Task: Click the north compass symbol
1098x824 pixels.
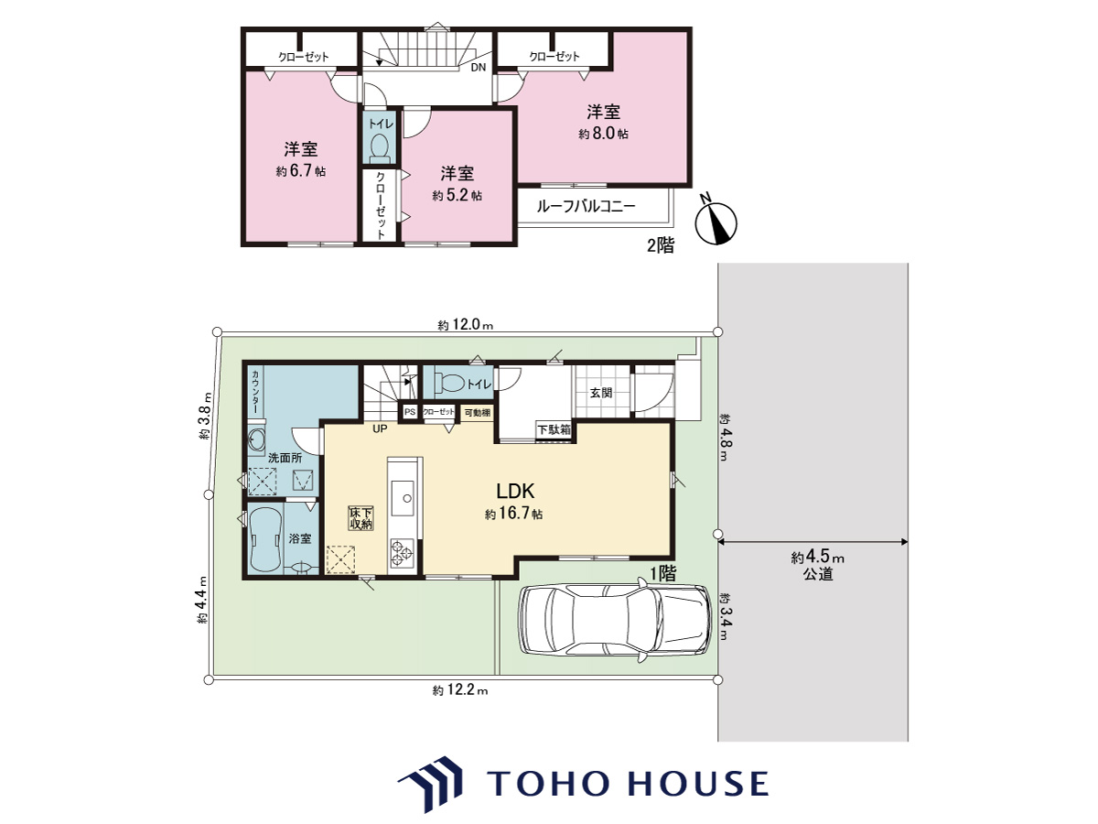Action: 716,223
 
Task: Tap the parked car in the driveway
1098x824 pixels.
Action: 615,620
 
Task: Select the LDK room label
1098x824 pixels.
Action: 515,492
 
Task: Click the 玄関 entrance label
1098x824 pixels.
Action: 601,393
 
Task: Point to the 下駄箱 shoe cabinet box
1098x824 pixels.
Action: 554,429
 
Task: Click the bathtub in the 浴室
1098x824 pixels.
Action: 265,540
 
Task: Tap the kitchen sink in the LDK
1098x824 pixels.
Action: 403,498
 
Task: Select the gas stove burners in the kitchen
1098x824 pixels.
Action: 403,553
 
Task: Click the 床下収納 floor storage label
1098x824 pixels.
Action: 361,518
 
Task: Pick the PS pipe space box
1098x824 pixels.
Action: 410,412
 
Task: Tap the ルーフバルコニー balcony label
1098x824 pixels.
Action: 586,207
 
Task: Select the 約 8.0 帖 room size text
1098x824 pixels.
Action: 603,134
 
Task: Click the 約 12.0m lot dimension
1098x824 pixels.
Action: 465,325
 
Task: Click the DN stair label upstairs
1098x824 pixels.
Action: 479,68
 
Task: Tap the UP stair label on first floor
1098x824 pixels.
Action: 380,428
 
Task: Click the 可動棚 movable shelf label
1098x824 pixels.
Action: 478,413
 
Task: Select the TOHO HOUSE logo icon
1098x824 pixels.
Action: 431,785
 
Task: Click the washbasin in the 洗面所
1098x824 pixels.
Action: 257,440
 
